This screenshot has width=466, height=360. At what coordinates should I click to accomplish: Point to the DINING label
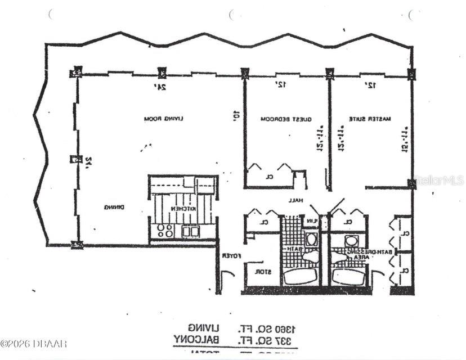point(114,208)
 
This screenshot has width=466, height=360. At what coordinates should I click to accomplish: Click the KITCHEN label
point(183,209)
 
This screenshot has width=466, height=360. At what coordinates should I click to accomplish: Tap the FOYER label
point(232,255)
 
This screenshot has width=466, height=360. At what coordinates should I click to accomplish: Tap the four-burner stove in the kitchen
point(165,230)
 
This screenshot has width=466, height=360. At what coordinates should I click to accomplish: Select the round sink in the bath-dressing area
point(352,241)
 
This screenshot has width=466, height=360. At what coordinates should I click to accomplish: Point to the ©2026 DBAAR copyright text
point(33,343)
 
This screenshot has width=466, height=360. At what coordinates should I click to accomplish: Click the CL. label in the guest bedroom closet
point(270,176)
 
